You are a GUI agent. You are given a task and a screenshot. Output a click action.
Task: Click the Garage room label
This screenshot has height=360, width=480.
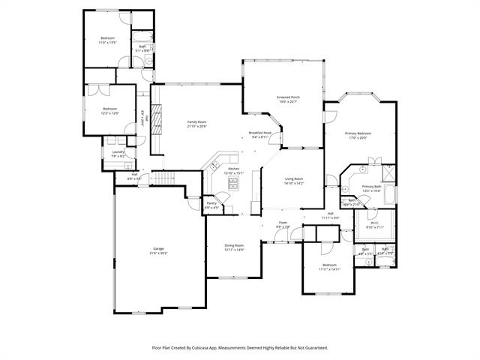[159, 248]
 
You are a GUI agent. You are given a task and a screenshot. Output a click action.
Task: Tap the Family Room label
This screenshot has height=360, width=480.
[196, 121]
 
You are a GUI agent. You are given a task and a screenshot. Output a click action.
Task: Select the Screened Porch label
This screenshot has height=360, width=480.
[288, 97]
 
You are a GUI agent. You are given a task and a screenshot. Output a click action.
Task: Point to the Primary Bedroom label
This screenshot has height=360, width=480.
[358, 133]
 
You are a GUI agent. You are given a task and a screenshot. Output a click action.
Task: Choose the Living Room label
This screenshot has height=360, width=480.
[293, 178]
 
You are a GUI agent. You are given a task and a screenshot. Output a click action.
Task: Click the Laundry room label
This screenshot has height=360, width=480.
[118, 151]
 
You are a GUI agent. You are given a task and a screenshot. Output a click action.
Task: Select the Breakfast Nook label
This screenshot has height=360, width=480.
[265, 133]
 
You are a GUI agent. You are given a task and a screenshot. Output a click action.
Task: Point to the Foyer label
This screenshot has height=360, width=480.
[283, 222]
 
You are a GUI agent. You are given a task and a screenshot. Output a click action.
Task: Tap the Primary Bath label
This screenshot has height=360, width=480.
[371, 186]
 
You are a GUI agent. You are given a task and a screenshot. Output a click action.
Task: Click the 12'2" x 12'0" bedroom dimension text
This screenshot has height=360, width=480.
[111, 113]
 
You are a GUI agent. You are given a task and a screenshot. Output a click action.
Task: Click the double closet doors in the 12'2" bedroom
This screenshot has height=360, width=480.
[98, 88]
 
